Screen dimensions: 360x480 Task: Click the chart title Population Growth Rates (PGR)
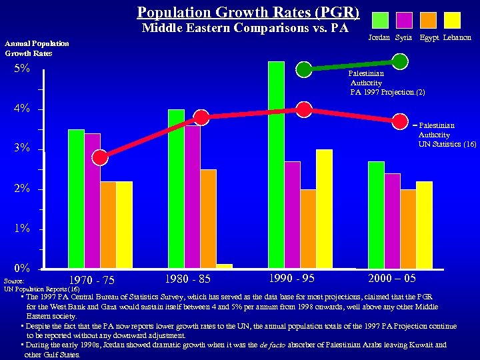[248, 12]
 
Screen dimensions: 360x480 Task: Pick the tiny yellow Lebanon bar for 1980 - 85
[224, 266]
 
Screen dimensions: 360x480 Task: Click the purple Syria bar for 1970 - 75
[92, 201]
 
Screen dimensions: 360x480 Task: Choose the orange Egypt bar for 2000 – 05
[408, 228]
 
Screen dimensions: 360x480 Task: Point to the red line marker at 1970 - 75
[100, 157]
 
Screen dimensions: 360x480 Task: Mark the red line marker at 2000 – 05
[400, 121]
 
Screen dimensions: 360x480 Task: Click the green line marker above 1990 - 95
[304, 69]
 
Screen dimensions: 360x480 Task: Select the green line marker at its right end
[400, 61]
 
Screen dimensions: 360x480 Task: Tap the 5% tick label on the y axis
[22, 69]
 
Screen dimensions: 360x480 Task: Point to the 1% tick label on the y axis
[22, 229]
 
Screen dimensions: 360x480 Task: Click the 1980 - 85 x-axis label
[188, 277]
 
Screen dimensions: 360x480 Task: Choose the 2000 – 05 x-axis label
[392, 277]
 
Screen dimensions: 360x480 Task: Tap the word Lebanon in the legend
[457, 38]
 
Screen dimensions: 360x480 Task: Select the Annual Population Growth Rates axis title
[37, 48]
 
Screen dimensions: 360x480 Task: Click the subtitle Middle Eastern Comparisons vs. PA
[245, 28]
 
